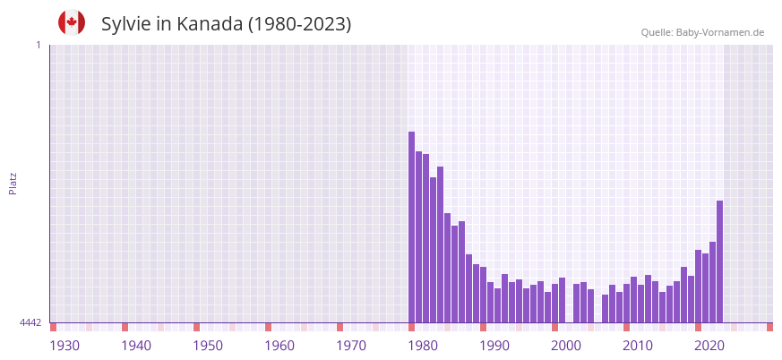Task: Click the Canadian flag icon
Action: pos(72,22)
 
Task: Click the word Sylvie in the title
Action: pos(126,24)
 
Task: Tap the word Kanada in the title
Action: pos(209,24)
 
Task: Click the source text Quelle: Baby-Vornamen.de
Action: pos(702,32)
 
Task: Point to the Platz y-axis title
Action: pos(13,183)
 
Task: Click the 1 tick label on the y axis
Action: pos(38,45)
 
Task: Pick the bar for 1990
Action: pos(484,295)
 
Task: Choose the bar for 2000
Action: pos(555,304)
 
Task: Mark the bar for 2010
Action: pos(627,304)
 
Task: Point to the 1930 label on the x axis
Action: pos(64,346)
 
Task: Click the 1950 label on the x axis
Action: pos(208,346)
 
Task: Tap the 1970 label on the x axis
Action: pos(351,346)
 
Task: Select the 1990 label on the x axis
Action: pos(494,346)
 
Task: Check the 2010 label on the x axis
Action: pos(638,346)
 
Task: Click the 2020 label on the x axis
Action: pos(709,346)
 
